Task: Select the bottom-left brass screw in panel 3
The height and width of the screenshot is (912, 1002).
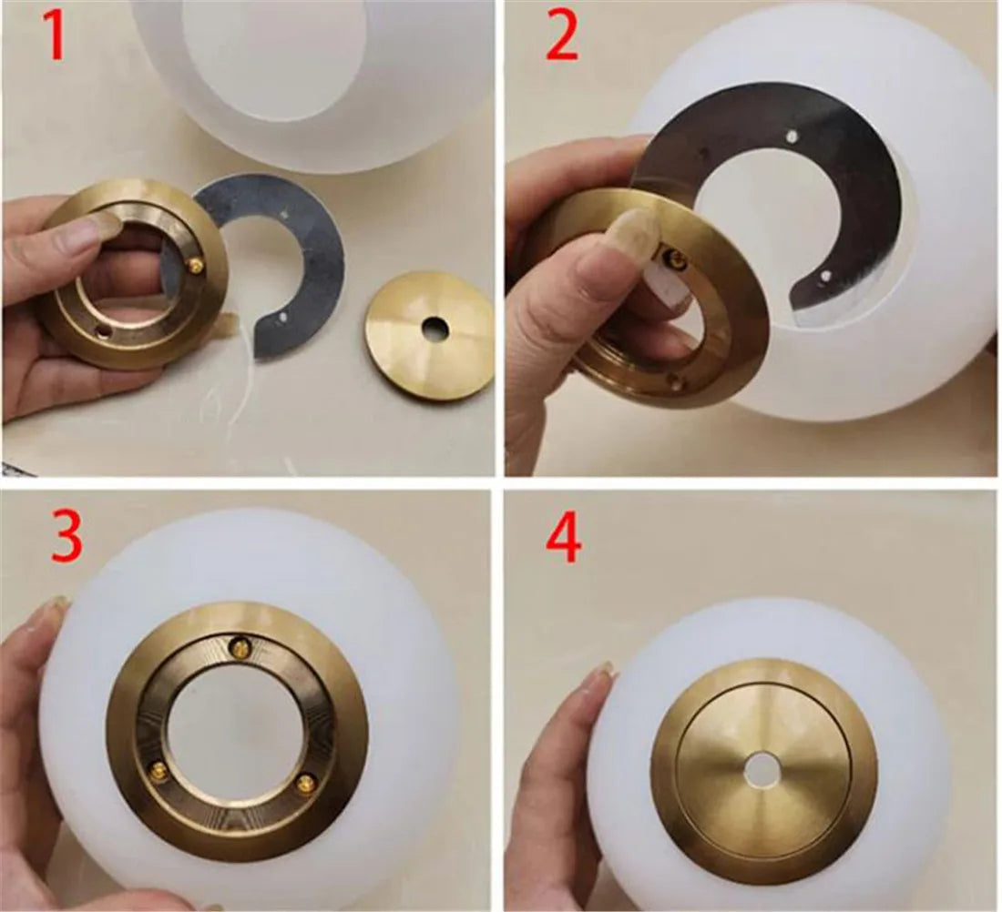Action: [x=158, y=770]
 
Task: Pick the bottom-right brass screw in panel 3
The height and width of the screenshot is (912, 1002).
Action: [x=308, y=780]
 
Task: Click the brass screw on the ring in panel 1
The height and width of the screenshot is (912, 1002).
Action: [x=193, y=265]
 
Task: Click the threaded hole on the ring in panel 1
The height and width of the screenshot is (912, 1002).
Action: [x=97, y=325]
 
